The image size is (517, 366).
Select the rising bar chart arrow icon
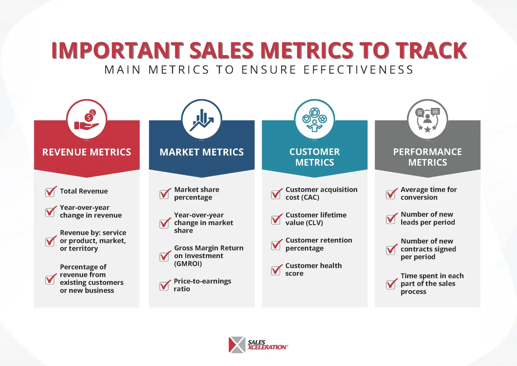[x=202, y=120]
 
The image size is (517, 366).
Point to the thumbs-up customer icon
[x=315, y=120]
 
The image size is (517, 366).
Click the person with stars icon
[x=428, y=120]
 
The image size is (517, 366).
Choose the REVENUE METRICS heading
[x=87, y=152]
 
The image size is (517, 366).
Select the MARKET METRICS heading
[x=202, y=152]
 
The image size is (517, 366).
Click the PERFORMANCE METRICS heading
[x=428, y=157]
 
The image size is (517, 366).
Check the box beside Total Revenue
[x=50, y=192]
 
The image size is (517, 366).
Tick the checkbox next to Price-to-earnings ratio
[x=165, y=285]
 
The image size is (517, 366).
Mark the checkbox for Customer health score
[x=276, y=270]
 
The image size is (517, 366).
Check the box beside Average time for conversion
[x=391, y=194]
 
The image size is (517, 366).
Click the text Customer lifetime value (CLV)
[x=316, y=219]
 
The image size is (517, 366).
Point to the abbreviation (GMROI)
[x=188, y=263]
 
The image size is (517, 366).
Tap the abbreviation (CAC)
[x=310, y=197]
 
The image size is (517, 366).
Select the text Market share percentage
[x=197, y=193]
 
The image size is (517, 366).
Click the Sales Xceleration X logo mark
[x=237, y=345]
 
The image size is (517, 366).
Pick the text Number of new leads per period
[x=428, y=218]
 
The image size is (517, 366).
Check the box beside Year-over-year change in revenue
[x=50, y=212]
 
